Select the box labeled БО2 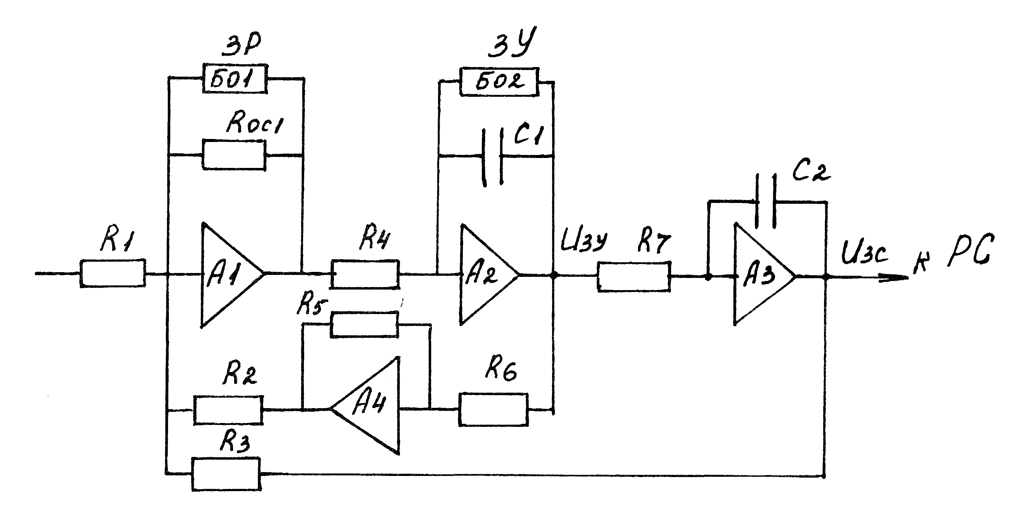pos(499,82)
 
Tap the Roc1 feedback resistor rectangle pos(234,155)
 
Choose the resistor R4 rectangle pos(365,274)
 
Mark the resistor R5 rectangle pos(364,325)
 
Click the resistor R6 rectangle pos(493,409)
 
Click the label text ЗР pos(241,46)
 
